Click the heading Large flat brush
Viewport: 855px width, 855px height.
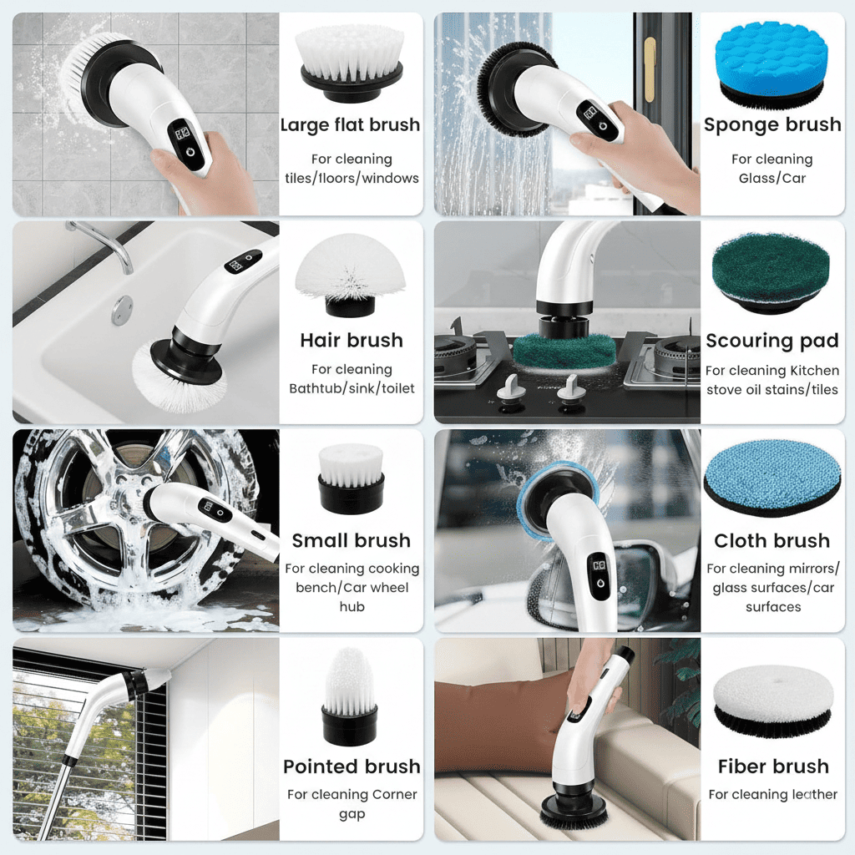(350, 125)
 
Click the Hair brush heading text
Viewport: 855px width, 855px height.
(351, 341)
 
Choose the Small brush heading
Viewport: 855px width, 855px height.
(351, 540)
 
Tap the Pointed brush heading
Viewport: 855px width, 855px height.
(351, 766)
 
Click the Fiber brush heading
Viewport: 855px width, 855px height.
(773, 766)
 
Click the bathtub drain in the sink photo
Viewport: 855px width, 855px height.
(122, 310)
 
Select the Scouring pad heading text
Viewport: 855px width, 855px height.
(772, 341)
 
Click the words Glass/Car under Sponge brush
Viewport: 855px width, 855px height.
(772, 178)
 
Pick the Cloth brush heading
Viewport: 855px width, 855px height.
(772, 540)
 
